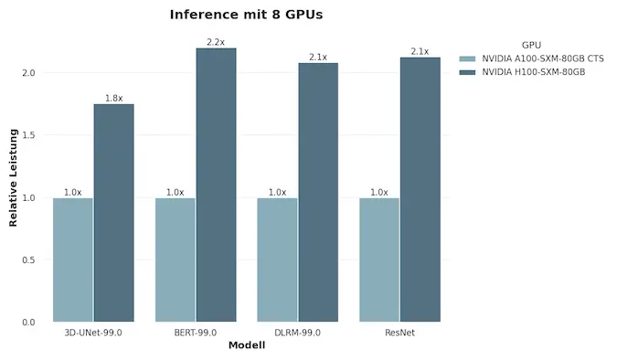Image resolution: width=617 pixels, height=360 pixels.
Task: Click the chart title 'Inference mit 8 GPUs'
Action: (246, 16)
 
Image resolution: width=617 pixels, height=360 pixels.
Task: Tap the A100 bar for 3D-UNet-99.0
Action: (73, 259)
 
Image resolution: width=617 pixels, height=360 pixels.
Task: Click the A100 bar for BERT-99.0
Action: (176, 259)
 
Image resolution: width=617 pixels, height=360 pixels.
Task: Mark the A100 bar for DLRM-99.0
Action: (277, 259)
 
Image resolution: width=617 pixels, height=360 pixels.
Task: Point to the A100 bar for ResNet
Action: (379, 259)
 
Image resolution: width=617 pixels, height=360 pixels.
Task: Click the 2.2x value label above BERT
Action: (216, 42)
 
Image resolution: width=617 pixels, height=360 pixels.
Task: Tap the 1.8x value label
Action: (113, 98)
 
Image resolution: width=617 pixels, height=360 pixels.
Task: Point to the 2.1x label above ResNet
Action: (420, 51)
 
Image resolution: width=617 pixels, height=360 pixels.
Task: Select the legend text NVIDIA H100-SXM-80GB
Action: (534, 71)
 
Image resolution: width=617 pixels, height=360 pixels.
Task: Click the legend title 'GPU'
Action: (532, 44)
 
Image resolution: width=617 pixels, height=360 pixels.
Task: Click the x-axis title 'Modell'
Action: (247, 345)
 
